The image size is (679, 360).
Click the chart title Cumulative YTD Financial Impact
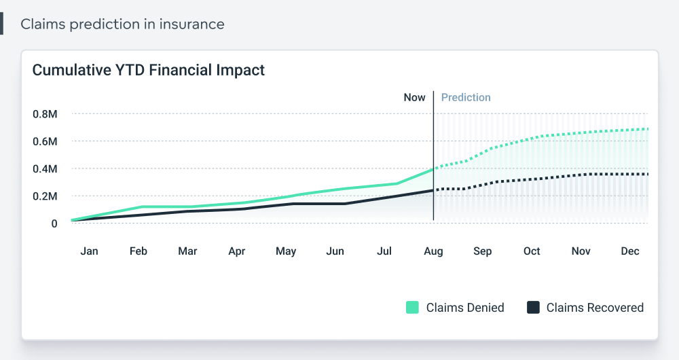tap(149, 70)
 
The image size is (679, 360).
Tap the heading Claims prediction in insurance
tap(122, 24)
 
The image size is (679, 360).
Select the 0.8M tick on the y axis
tap(45, 114)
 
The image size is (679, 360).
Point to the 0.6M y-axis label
tap(45, 141)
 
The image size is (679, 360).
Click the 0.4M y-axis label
tap(45, 168)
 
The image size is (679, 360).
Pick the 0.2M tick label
tap(45, 196)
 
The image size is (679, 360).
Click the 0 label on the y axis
tap(54, 223)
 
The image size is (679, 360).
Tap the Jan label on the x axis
tap(89, 251)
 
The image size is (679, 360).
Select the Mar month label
tap(187, 251)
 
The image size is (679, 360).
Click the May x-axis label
tap(286, 251)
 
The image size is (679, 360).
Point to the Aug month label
tap(433, 251)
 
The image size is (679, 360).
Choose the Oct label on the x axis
tap(532, 251)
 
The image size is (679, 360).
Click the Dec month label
tap(630, 251)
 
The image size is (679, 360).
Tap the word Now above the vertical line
tap(414, 97)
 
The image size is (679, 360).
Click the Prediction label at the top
tap(466, 97)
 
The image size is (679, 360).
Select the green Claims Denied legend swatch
tap(412, 308)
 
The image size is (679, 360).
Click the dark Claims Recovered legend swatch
tap(533, 308)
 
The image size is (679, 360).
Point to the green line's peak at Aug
tap(433, 169)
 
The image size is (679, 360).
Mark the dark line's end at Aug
tap(433, 191)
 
